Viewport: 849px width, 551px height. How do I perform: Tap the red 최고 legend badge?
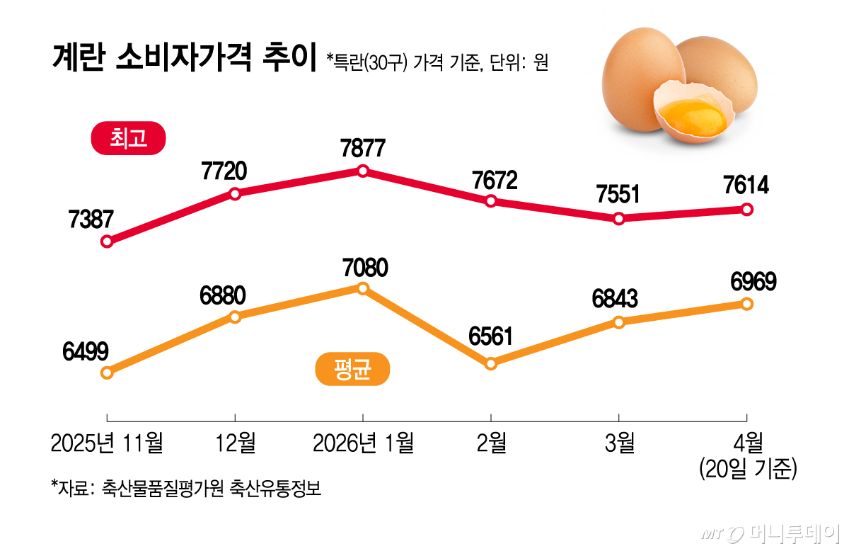[x=128, y=139]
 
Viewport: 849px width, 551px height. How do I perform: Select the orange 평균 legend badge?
[x=352, y=369]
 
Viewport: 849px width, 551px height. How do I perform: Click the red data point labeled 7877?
[x=363, y=171]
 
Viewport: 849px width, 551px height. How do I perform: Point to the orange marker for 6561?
[x=491, y=364]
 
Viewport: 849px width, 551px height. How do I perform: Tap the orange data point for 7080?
[x=363, y=288]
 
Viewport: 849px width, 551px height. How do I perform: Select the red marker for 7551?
[x=619, y=219]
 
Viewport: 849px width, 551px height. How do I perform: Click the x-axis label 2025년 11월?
[x=107, y=443]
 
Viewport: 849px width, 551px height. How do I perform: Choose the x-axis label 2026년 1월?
[x=363, y=443]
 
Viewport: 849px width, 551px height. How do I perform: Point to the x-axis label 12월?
[x=235, y=443]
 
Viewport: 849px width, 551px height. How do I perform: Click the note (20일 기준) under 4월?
[x=747, y=469]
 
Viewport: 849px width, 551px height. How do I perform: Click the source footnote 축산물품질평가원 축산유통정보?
[x=212, y=488]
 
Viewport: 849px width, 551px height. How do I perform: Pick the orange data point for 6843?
[x=619, y=322]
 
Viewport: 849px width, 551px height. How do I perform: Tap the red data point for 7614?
[x=747, y=210]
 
